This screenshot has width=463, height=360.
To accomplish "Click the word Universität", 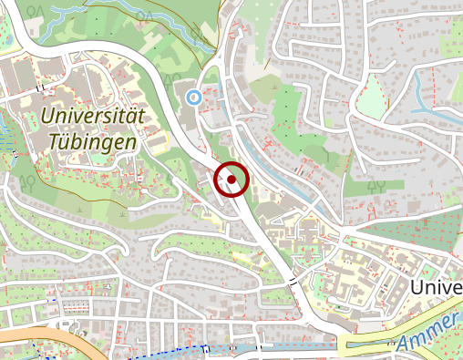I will click(x=93, y=116).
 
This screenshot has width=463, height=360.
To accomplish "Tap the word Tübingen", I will click(x=93, y=143).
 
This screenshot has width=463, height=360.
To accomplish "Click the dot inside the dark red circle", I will click(x=231, y=180).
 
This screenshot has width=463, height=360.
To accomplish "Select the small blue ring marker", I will click(x=192, y=97).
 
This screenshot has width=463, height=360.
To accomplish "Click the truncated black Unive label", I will click(x=437, y=288).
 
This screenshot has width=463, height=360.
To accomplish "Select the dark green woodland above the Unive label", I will click(x=419, y=232).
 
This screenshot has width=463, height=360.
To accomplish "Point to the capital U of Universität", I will click(x=48, y=117).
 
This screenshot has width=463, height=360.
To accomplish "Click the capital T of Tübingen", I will click(x=55, y=143).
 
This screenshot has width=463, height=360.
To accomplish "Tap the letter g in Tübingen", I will click(x=117, y=146).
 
